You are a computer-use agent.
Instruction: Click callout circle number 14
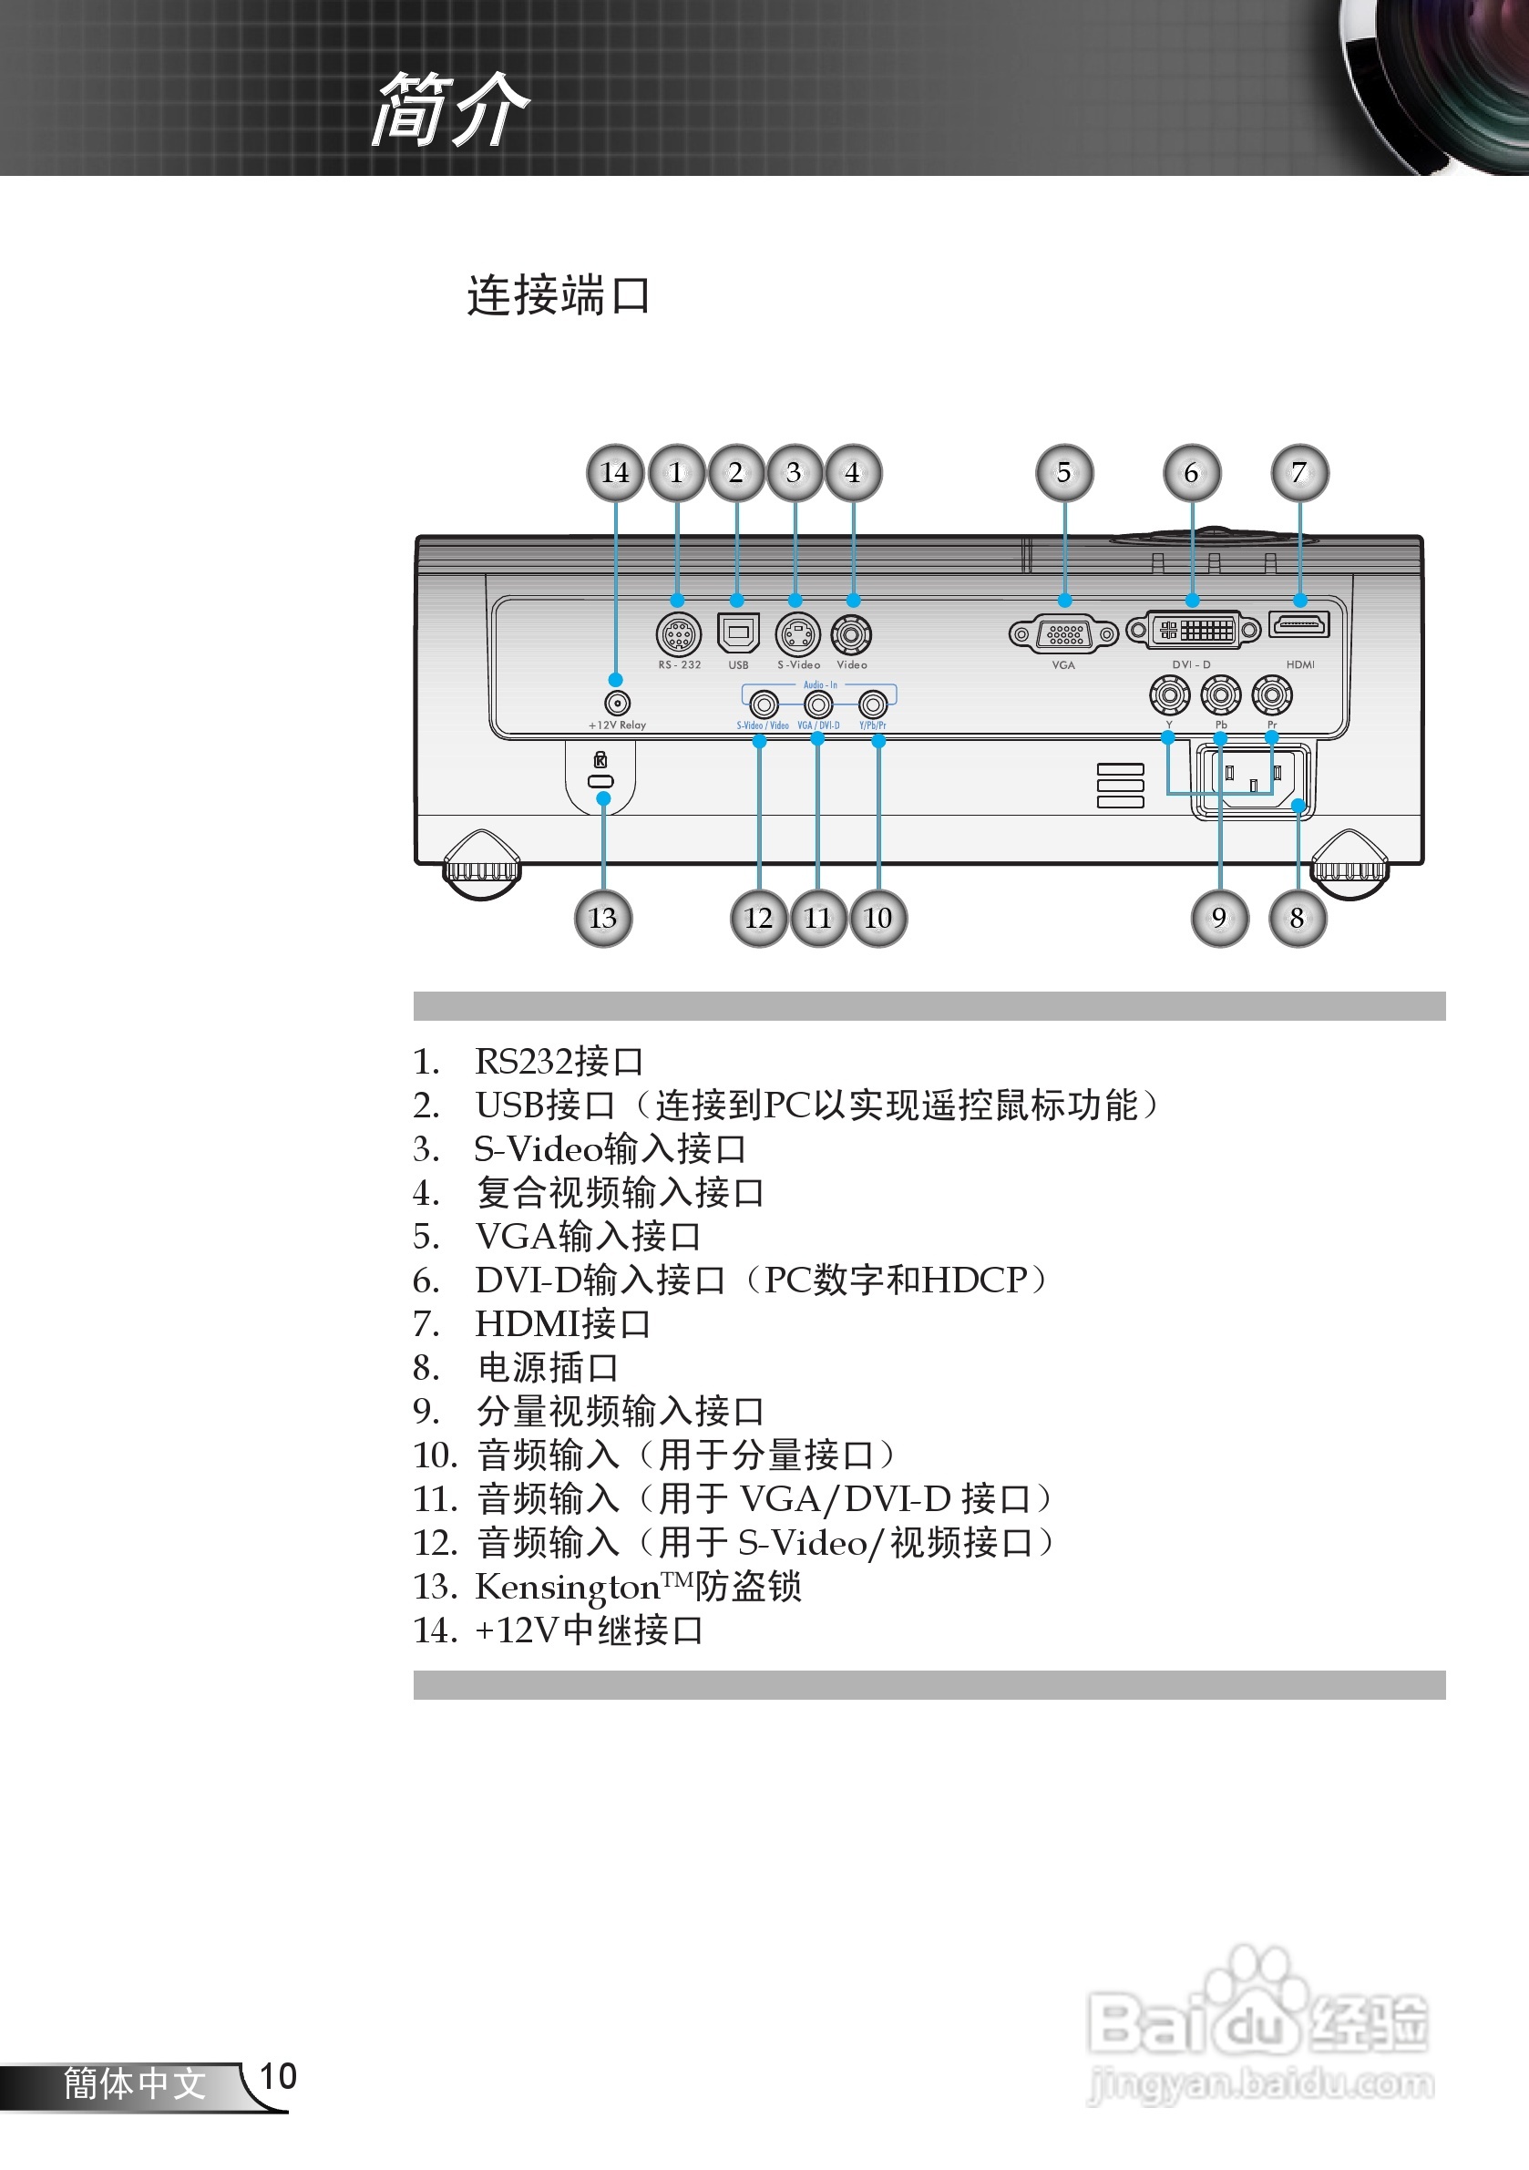tap(615, 473)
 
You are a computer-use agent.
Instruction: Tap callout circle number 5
tap(1064, 473)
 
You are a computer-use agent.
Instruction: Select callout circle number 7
tap(1300, 473)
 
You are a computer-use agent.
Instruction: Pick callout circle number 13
tap(603, 918)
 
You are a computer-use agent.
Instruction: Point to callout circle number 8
tap(1298, 918)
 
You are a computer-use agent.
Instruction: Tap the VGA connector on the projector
tap(1064, 633)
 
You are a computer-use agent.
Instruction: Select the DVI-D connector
tap(1194, 631)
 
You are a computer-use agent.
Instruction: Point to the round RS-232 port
tap(679, 634)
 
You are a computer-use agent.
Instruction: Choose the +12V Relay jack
tap(617, 704)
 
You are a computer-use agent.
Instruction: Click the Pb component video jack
tap(1220, 696)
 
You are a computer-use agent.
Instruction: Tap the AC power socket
tap(1252, 779)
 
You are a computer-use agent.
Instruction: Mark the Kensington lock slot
tap(601, 781)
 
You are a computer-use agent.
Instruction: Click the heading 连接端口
tap(559, 296)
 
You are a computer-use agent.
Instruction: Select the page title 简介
tap(450, 111)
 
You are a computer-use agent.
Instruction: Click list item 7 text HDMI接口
tap(562, 1324)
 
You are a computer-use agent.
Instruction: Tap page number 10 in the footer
tap(278, 2076)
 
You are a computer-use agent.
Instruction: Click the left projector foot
tap(482, 864)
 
